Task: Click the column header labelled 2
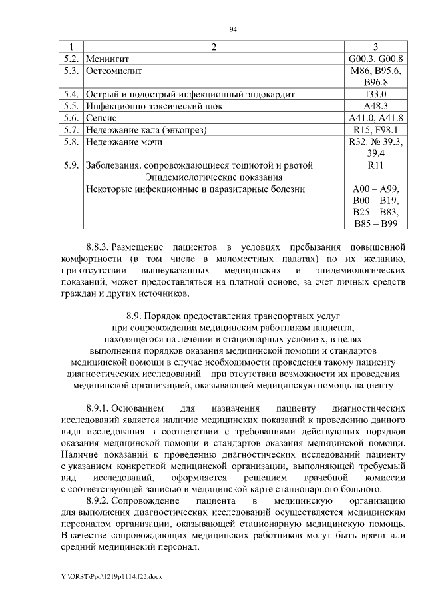click(x=213, y=47)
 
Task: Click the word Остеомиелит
click(x=114, y=70)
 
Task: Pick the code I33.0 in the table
click(x=376, y=94)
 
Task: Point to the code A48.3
click(x=376, y=106)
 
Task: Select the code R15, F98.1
click(x=376, y=129)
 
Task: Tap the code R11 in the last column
click(x=376, y=165)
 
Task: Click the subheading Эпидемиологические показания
click(x=213, y=177)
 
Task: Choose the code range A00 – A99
click(x=376, y=189)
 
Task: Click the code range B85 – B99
click(x=376, y=223)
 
